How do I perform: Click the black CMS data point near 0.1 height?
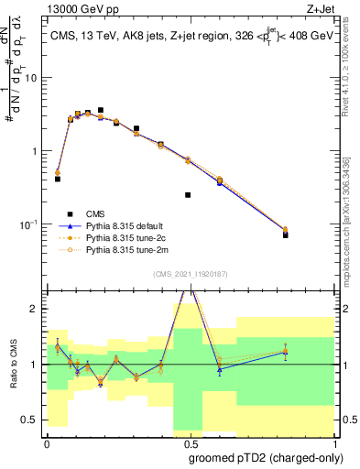(x=188, y=195)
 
